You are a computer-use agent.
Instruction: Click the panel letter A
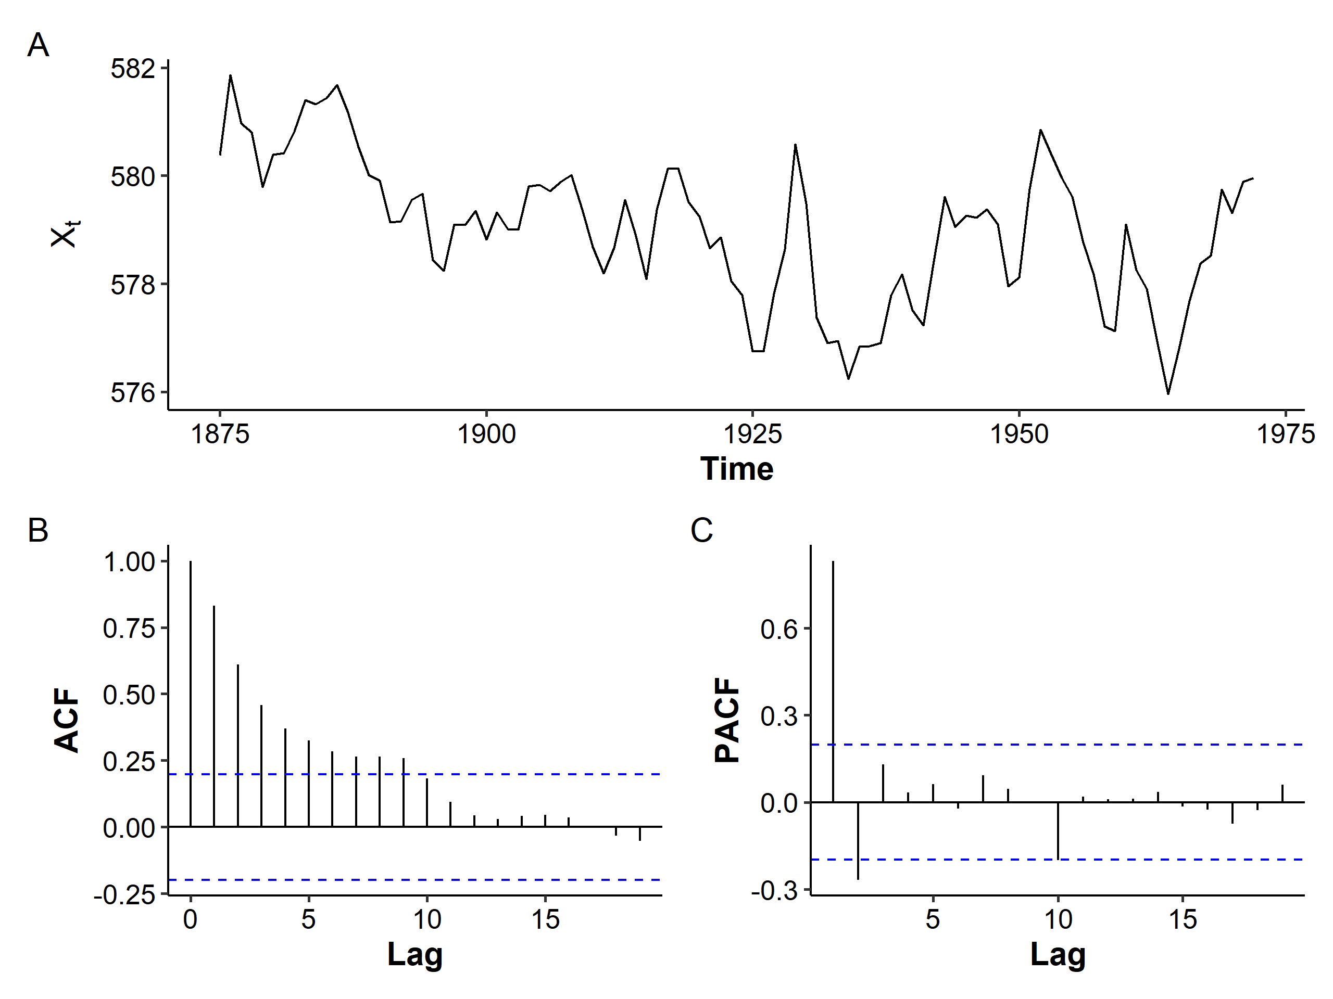coord(38,46)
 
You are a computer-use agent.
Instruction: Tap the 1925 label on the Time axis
coord(752,433)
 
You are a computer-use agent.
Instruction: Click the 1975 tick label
coord(1286,433)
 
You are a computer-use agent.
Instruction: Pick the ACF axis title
coord(67,720)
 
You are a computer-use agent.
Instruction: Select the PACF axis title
coord(727,720)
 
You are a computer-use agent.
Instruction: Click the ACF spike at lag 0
coord(191,693)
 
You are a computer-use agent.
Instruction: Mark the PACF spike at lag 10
coord(1058,830)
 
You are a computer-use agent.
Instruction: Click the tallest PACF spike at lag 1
coord(834,681)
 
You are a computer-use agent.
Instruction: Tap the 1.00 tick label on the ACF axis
coord(129,562)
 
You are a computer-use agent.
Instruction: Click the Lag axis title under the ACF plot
coord(414,954)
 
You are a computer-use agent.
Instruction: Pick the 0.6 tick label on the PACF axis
coord(778,629)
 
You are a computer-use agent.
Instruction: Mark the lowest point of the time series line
coord(1168,393)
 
